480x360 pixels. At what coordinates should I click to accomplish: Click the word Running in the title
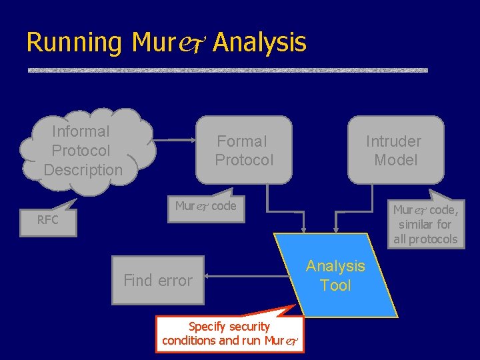coord(73,43)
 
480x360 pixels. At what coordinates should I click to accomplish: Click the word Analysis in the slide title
coord(260,43)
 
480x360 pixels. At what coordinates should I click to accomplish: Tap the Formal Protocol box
coord(243,151)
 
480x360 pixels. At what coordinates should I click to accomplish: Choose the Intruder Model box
coord(395,151)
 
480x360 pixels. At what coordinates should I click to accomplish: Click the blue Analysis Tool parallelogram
coord(335,275)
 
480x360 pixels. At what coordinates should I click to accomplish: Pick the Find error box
coord(157,281)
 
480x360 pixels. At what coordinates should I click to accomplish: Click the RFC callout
coord(48,220)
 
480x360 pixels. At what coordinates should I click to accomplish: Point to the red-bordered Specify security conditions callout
coord(229,333)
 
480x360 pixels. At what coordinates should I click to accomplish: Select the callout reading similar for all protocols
coord(425,225)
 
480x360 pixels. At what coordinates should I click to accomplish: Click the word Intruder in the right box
coord(393,141)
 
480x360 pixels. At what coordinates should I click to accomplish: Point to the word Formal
coord(242,141)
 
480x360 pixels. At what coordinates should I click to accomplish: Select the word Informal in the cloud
coord(81,131)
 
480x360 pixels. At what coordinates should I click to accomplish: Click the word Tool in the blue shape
coord(335,285)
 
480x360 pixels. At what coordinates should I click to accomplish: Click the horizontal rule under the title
coord(227,70)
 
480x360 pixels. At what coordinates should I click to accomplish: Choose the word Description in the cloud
coord(83,170)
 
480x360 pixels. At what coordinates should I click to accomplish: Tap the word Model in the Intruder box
coord(395,160)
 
